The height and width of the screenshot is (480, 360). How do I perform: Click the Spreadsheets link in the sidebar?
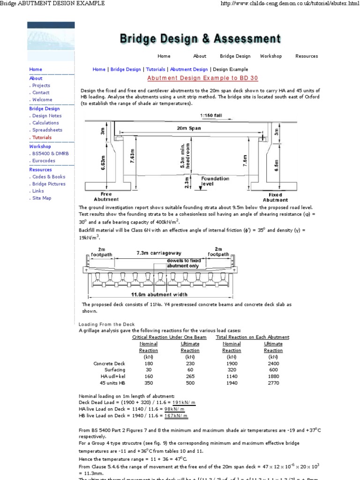(x=47, y=130)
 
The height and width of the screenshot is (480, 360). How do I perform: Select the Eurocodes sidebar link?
(x=44, y=161)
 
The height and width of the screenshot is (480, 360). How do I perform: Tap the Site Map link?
(x=42, y=198)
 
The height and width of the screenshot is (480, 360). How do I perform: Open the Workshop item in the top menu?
(x=271, y=56)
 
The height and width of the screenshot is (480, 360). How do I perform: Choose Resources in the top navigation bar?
(x=307, y=56)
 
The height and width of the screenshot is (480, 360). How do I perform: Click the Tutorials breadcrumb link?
(x=155, y=69)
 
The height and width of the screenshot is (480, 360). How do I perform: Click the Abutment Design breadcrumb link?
(x=189, y=69)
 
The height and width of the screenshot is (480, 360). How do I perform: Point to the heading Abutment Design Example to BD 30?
(x=202, y=78)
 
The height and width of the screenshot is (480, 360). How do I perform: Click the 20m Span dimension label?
(x=188, y=127)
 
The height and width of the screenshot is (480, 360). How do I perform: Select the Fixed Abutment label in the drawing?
(x=275, y=197)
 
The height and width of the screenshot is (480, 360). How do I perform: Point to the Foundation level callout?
(x=215, y=181)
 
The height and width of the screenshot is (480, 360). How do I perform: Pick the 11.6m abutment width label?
(x=159, y=294)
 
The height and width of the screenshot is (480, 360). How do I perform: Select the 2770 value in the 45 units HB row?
(x=273, y=383)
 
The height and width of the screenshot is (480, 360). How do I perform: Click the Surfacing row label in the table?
(x=115, y=370)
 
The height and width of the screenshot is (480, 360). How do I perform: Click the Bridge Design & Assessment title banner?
(x=200, y=38)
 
